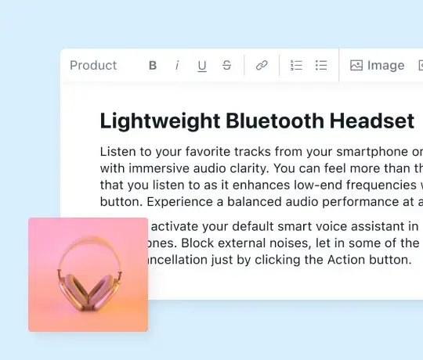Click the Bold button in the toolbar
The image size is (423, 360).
pyautogui.click(x=153, y=66)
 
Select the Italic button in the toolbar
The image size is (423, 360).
pyautogui.click(x=177, y=66)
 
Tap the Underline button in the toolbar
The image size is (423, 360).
pyautogui.click(x=202, y=66)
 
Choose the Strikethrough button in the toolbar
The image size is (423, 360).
pyautogui.click(x=227, y=66)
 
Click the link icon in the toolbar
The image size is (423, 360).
pyautogui.click(x=262, y=66)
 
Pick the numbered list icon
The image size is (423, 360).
pyautogui.click(x=296, y=66)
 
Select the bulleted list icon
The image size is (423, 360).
pyautogui.click(x=321, y=66)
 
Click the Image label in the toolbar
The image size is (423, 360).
pyautogui.click(x=385, y=66)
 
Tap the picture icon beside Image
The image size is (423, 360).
pyautogui.click(x=356, y=66)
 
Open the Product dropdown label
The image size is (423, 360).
pyautogui.click(x=93, y=66)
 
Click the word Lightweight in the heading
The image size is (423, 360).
pyautogui.click(x=159, y=121)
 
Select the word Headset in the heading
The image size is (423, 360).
pyautogui.click(x=372, y=121)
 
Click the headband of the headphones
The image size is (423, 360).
pyautogui.click(x=87, y=248)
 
